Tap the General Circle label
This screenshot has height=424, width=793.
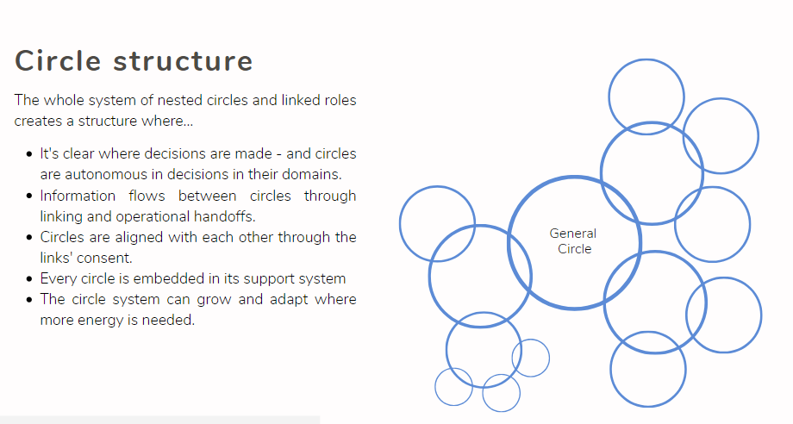point(573,240)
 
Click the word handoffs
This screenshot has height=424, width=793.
point(225,216)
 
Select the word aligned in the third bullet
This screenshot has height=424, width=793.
point(145,237)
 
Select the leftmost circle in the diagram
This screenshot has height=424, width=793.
point(437,223)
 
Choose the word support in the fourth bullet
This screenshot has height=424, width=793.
point(274,278)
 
